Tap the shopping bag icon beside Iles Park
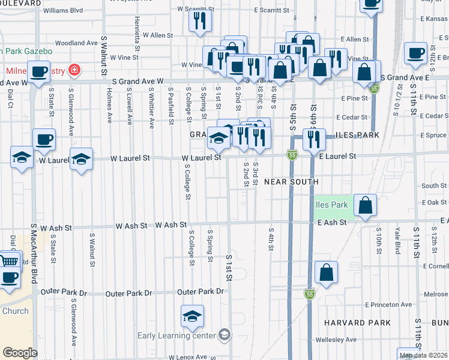coord(365,206)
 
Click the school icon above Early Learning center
coord(192,316)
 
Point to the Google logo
coord(19,353)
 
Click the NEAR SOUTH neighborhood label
coord(290,181)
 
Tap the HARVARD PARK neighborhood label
coord(353,323)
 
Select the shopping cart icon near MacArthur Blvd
coord(8,262)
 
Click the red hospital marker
coord(74,71)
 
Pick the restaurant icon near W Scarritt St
coord(199,21)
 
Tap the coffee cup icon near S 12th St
coord(415,54)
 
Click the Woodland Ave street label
coord(76,43)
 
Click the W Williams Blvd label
coord(63,10)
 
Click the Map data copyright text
coord(424,355)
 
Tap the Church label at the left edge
coord(15,311)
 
